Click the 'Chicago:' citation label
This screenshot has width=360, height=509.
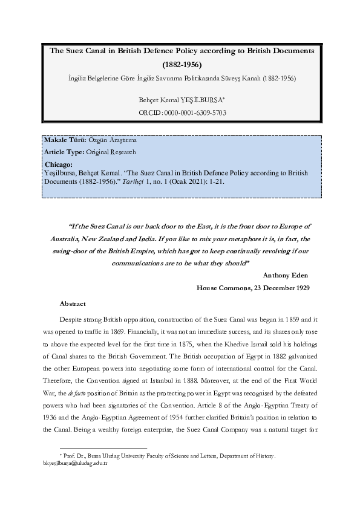[59, 164]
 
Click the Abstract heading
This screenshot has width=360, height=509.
[73, 303]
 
